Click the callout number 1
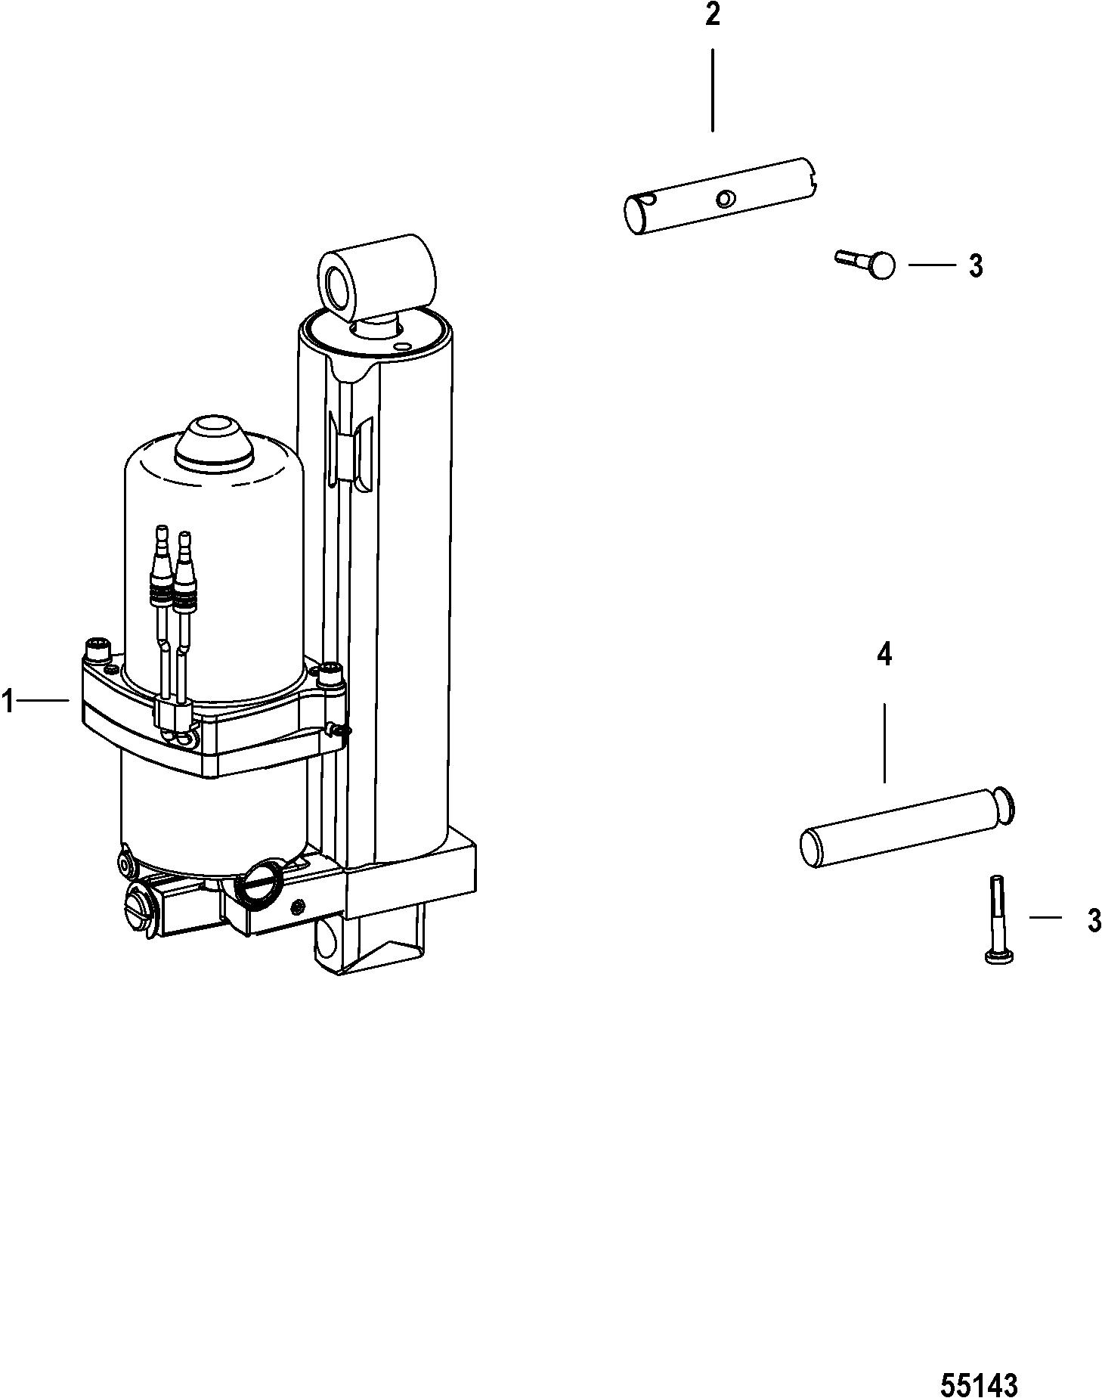tap(8, 703)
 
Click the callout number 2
tap(713, 16)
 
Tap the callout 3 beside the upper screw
tap(977, 266)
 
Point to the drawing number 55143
tap(980, 1364)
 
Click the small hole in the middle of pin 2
tap(725, 199)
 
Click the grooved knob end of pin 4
tap(1002, 804)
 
